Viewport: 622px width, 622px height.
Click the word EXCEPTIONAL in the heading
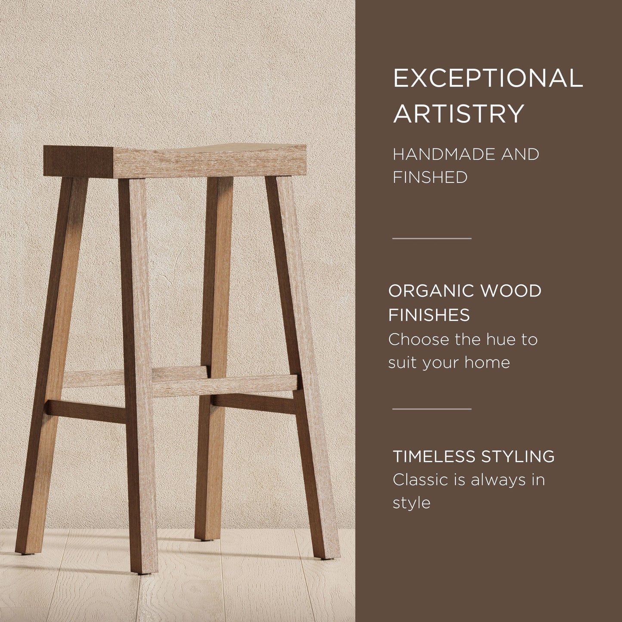click(x=488, y=78)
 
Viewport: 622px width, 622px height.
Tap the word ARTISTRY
click(x=458, y=114)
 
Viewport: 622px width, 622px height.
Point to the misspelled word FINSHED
click(x=430, y=177)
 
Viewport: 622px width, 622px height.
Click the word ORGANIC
click(x=430, y=291)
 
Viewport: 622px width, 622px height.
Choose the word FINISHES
click(x=429, y=315)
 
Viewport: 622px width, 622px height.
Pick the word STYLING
click(x=517, y=456)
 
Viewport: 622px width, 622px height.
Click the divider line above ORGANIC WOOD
click(x=432, y=238)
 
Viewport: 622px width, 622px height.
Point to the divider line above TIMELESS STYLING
click(x=432, y=409)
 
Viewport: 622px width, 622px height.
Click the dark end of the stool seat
click(x=77, y=161)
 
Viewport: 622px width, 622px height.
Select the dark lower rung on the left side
click(x=86, y=411)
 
